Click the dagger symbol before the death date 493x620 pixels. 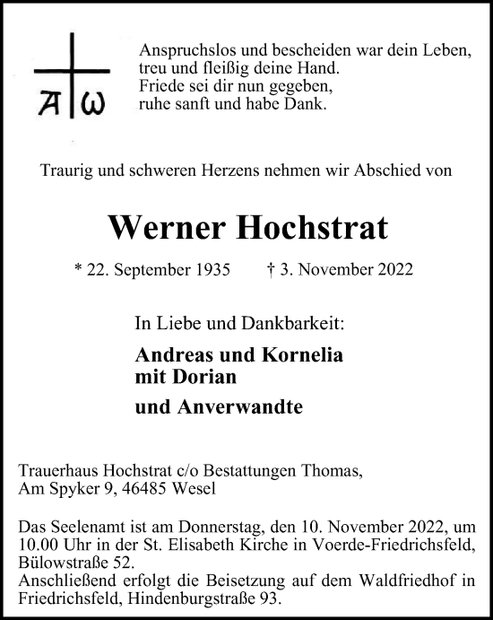tap(270, 269)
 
